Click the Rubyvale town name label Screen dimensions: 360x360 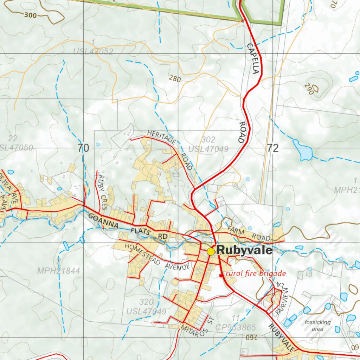(x=244, y=250)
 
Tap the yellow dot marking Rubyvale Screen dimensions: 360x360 (x=211, y=251)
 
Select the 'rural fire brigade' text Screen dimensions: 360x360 (x=256, y=274)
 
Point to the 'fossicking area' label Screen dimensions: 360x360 (x=317, y=326)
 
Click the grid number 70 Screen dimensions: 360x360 (x=83, y=148)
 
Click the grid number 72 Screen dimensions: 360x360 (x=273, y=148)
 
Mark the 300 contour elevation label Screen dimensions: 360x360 (x=30, y=15)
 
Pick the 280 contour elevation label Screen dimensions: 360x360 (x=175, y=79)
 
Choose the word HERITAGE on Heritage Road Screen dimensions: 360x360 (x=161, y=137)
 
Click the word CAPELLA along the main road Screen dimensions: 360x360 (x=253, y=58)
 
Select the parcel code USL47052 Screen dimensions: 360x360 (x=93, y=52)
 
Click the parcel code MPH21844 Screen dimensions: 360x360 (x=59, y=271)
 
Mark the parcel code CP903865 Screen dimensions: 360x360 (x=236, y=328)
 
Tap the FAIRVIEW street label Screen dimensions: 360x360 (x=282, y=301)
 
